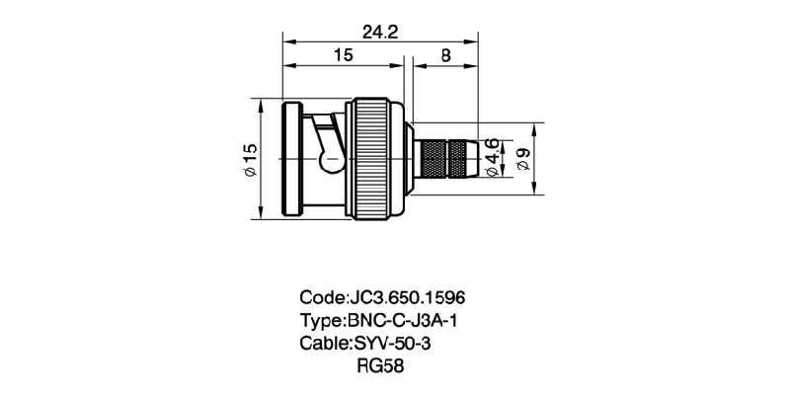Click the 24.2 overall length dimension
pos(379,33)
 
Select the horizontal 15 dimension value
pos(343,56)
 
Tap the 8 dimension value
pos(446,56)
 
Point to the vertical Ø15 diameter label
pos(249,159)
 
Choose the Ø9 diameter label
pos(524,159)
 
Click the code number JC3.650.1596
pos(408,297)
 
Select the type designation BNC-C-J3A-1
pos(405,320)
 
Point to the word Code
pos(322,297)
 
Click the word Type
pos(320,320)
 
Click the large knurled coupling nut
pos(376,159)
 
